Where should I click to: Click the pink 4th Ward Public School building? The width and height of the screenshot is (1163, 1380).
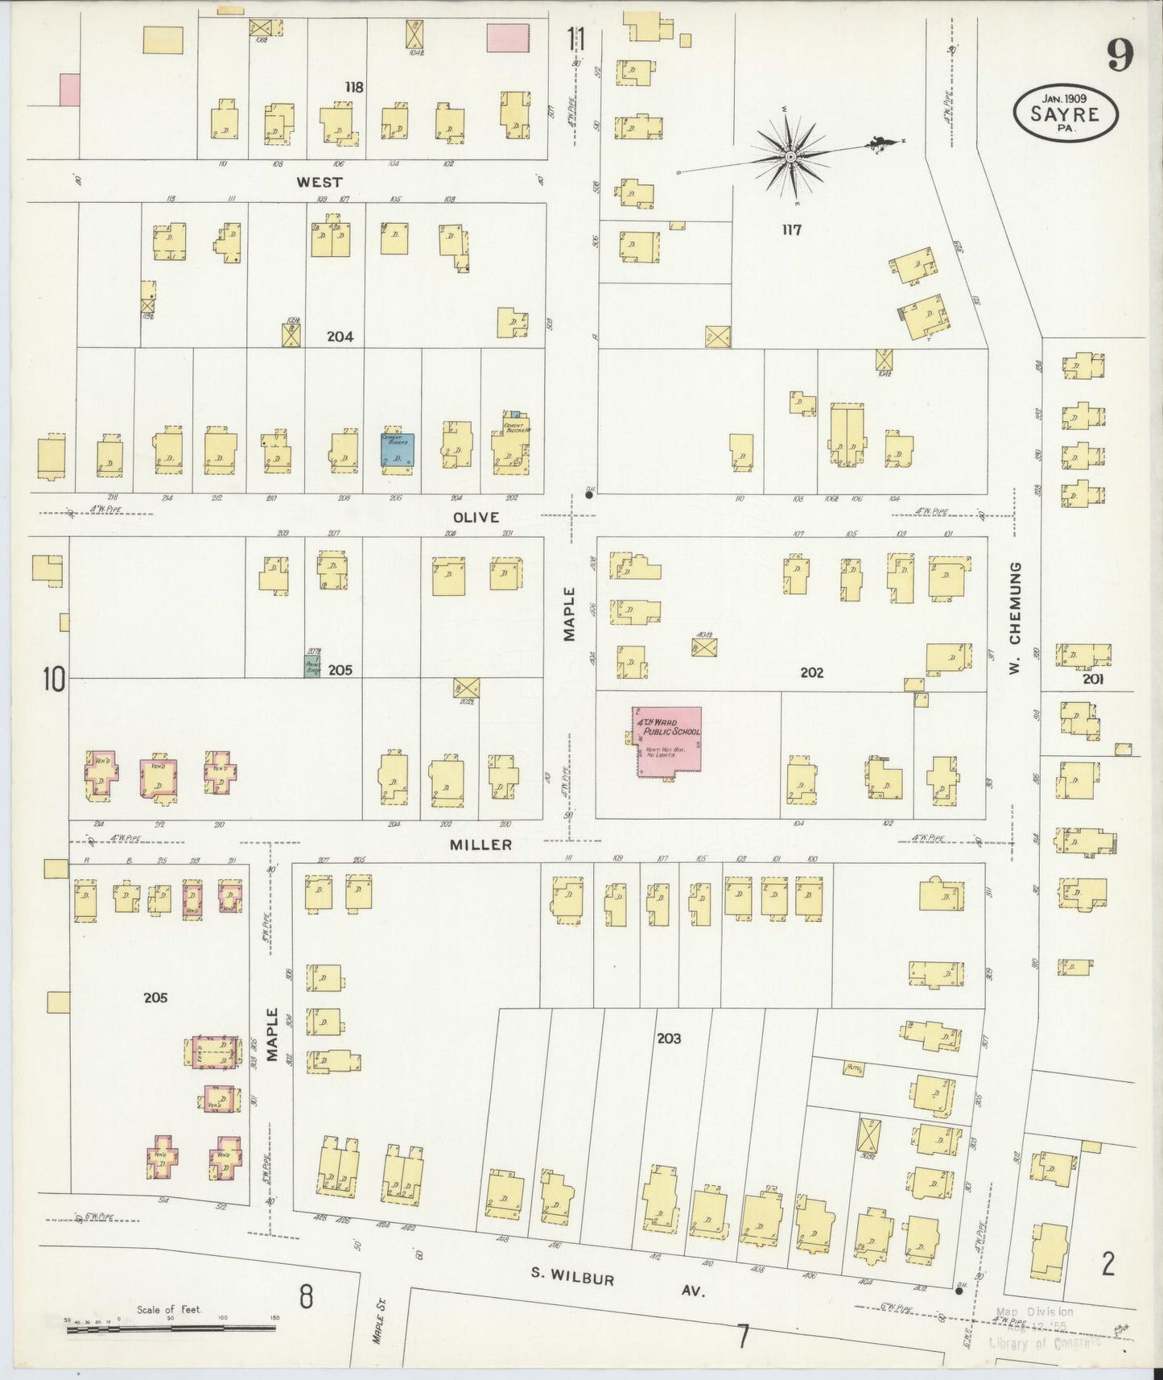(669, 742)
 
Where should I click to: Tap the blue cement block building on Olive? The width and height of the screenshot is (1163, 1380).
(398, 450)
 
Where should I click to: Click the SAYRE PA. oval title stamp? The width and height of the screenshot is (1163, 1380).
(1066, 115)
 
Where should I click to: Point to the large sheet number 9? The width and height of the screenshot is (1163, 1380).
(1120, 55)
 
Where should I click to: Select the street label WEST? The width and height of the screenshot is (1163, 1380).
(320, 183)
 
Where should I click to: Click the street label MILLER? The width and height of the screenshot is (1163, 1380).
(481, 845)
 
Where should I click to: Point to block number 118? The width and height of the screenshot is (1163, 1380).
(354, 87)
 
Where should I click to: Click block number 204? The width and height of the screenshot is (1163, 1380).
(340, 337)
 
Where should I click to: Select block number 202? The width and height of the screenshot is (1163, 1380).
(811, 672)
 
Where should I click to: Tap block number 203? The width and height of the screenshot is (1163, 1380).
(668, 1039)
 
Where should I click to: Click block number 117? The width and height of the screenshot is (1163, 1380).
(791, 230)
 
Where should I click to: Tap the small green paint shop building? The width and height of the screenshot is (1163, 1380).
(311, 666)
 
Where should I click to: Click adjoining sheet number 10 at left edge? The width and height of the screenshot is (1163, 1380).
(53, 680)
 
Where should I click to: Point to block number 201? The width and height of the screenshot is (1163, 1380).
(1092, 679)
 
